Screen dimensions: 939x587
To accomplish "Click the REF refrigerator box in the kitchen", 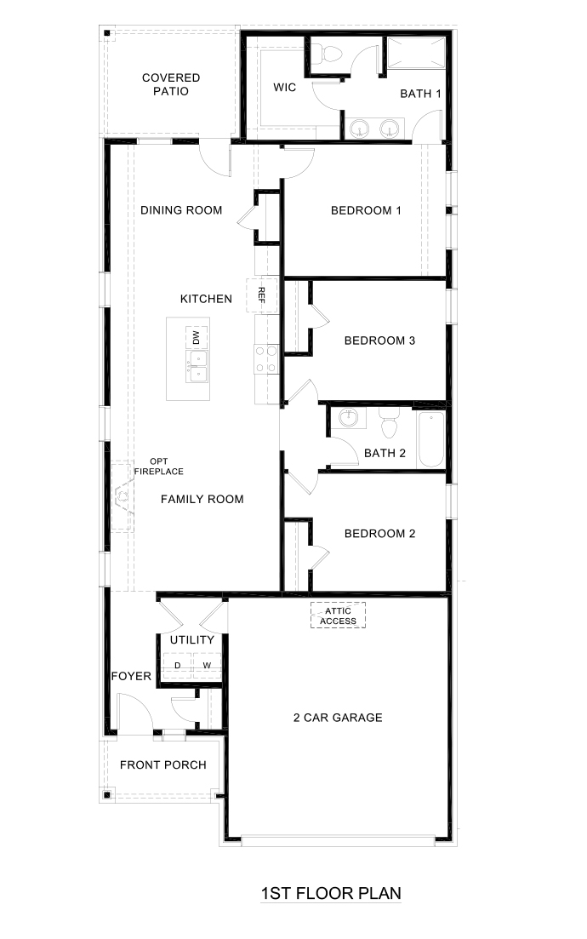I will [x=262, y=295].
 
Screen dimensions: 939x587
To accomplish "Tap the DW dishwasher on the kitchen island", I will [x=196, y=338].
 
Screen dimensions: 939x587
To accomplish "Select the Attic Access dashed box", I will [x=338, y=616].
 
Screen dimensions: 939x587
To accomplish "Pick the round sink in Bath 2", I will [x=348, y=418].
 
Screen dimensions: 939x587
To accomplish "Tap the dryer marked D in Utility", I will [x=178, y=665].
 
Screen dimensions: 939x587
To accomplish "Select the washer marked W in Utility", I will [x=207, y=665].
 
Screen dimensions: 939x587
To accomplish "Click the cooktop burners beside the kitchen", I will [x=266, y=358].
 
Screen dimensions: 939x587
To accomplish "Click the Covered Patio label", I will [x=171, y=84].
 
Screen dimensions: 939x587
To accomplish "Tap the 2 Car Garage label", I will [x=339, y=717].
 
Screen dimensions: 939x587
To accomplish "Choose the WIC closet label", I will [x=284, y=88].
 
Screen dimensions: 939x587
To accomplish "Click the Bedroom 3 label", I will [x=379, y=341].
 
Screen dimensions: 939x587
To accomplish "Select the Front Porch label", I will [x=162, y=764].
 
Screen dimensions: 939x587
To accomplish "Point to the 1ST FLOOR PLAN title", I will [x=331, y=893].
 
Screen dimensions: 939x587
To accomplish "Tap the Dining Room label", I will [x=181, y=210].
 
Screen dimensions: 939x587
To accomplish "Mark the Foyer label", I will [x=131, y=677].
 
